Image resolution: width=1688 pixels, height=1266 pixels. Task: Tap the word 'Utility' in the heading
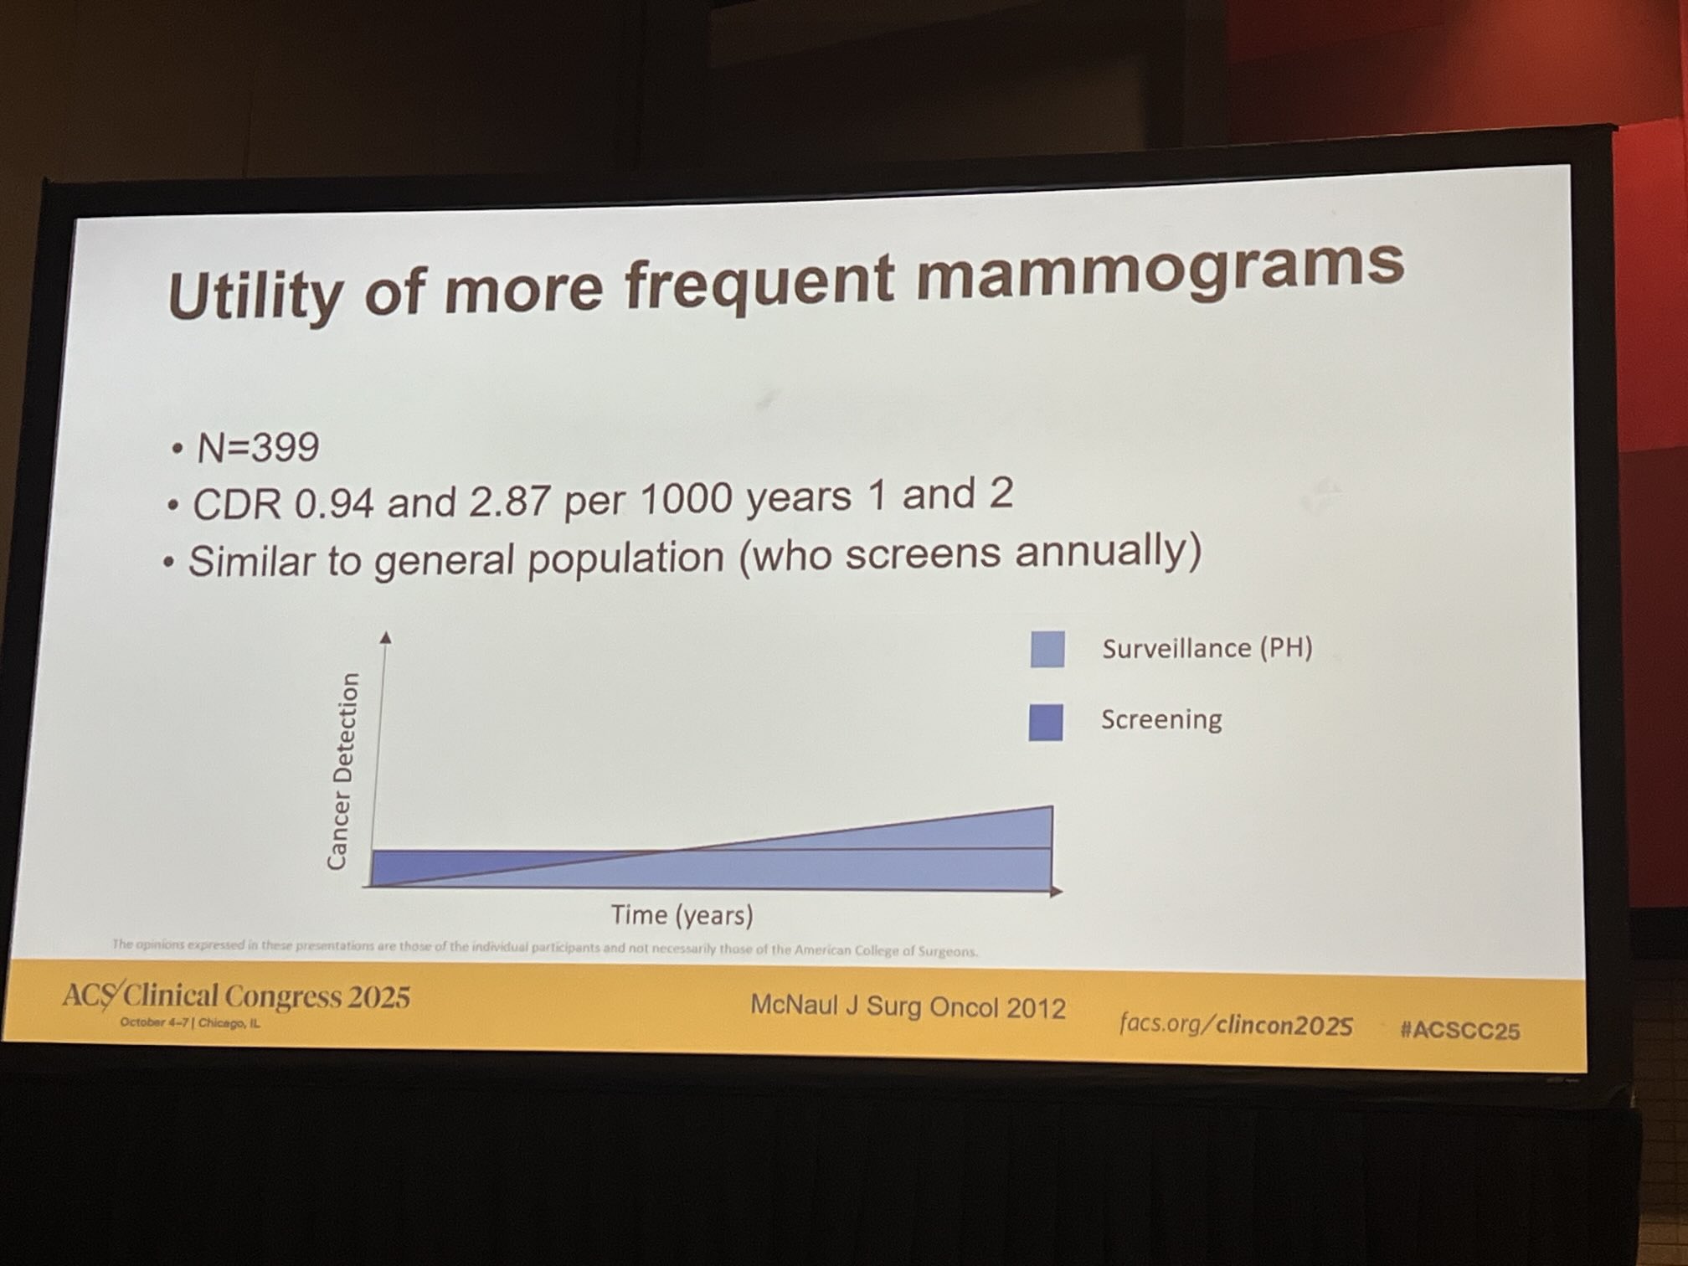coord(255,295)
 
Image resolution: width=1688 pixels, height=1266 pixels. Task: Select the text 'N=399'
coord(257,448)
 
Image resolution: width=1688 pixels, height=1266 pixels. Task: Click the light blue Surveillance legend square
coord(1047,649)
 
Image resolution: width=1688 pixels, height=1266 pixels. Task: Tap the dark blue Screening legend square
coord(1046,722)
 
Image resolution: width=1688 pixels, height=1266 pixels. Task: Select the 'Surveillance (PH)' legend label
coord(1207,648)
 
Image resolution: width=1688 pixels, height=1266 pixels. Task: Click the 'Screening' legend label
coord(1161,719)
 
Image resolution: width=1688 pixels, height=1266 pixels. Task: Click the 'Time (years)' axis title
coord(682,914)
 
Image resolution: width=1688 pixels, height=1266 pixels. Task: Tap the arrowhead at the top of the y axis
coord(385,638)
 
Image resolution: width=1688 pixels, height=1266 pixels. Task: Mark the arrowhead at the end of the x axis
coord(1057,891)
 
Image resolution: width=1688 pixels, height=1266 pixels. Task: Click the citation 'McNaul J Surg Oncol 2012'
coord(908,1006)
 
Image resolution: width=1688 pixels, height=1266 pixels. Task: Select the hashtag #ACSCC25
coord(1459,1030)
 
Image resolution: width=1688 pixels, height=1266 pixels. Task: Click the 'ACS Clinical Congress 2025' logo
coord(236,996)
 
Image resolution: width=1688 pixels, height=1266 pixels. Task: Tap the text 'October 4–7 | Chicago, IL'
coord(189,1023)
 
